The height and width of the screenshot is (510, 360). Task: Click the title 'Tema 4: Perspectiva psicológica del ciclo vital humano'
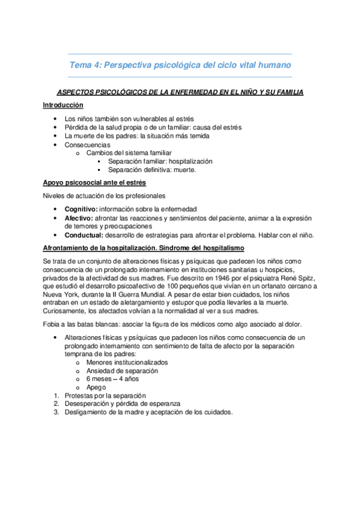(x=180, y=65)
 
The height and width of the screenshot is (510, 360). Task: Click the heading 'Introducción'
(x=63, y=105)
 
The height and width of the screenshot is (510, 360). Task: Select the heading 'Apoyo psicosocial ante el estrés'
(x=94, y=182)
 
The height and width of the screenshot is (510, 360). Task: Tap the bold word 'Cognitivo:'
(x=81, y=209)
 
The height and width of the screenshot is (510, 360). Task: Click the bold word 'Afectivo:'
(x=79, y=218)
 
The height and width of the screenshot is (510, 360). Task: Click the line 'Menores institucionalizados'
(x=127, y=363)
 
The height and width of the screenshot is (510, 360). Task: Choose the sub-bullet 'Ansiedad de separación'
(x=122, y=371)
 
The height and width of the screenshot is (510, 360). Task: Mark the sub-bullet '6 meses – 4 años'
(x=112, y=379)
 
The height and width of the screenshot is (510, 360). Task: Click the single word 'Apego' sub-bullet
(x=96, y=388)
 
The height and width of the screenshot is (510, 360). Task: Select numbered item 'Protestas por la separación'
(x=105, y=396)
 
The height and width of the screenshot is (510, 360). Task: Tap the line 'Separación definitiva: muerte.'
(x=152, y=170)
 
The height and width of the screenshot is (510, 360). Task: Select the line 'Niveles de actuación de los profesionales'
(x=103, y=195)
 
